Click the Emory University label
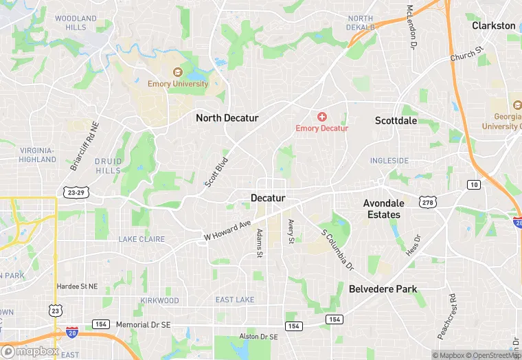[x=177, y=84]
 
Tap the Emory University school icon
[x=177, y=72]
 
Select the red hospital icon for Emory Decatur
[x=321, y=117]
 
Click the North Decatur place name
[x=227, y=118]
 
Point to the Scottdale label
[x=396, y=120]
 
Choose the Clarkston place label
[x=493, y=25]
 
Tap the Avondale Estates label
[x=382, y=209]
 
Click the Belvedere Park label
[x=383, y=289]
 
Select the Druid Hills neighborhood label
[x=108, y=166]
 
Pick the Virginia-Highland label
[x=37, y=155]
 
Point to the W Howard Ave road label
[x=227, y=230]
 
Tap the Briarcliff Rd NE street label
[x=85, y=146]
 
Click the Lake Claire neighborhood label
[x=141, y=239]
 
